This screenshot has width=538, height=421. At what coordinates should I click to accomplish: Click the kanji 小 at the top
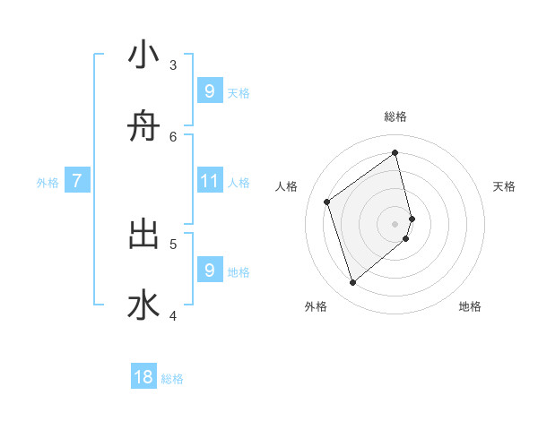click(x=143, y=56)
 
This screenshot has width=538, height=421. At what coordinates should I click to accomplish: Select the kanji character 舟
click(x=143, y=128)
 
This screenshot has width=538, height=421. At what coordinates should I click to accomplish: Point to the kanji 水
click(x=143, y=305)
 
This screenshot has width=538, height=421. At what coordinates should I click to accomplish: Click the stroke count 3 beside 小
click(x=173, y=65)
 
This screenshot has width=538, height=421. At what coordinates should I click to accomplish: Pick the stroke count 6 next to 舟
click(x=173, y=136)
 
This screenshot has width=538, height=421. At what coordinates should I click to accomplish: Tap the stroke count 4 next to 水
click(x=173, y=314)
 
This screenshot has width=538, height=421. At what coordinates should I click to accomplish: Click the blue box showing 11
click(x=210, y=182)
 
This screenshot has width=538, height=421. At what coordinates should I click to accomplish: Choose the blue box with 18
click(x=143, y=377)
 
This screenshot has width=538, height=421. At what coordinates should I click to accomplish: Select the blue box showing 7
click(x=77, y=182)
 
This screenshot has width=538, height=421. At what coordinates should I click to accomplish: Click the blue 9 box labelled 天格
click(x=210, y=91)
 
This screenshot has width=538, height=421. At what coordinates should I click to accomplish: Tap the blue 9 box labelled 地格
click(x=210, y=270)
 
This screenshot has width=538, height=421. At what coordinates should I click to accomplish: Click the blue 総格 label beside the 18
click(x=172, y=379)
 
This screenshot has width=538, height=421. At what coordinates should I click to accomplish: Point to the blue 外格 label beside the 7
click(x=48, y=183)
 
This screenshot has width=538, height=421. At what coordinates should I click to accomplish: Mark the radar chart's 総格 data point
click(x=395, y=152)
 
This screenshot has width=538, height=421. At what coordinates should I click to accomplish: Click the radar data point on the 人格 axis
click(x=327, y=202)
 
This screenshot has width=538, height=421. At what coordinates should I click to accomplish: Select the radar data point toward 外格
click(x=352, y=283)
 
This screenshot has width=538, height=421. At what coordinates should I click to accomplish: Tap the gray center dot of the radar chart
click(x=395, y=224)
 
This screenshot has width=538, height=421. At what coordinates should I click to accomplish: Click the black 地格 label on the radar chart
click(x=470, y=307)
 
